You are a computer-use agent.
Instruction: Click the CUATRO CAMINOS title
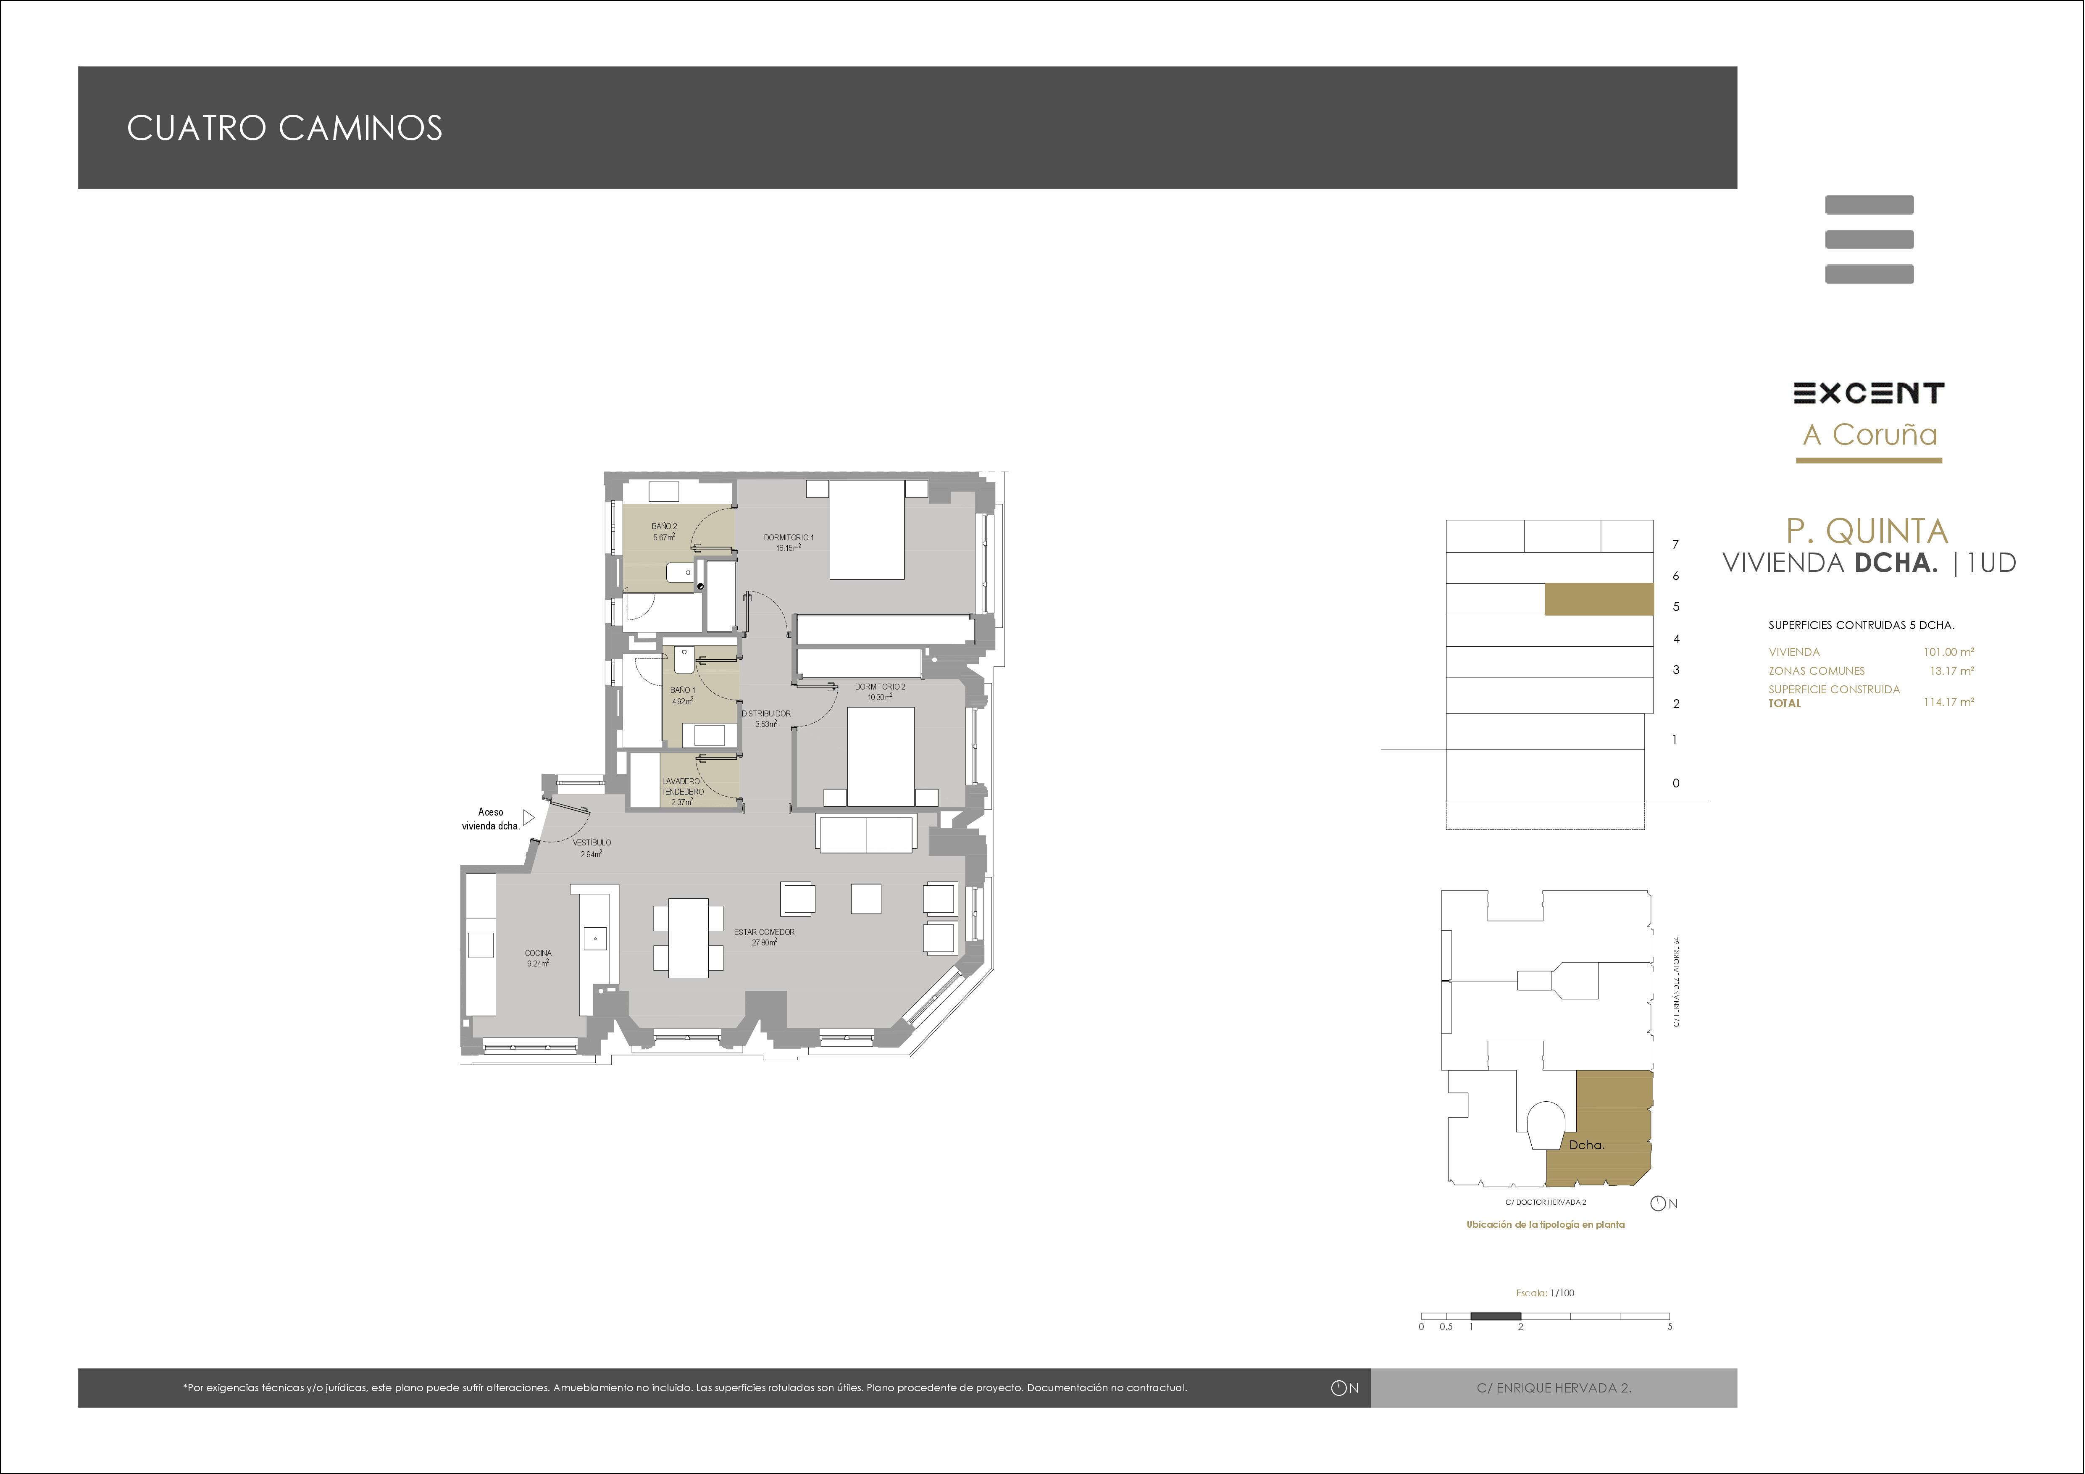point(284,128)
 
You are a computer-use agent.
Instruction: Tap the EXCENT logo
point(1868,393)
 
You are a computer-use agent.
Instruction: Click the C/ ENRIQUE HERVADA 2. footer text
point(1554,1388)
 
